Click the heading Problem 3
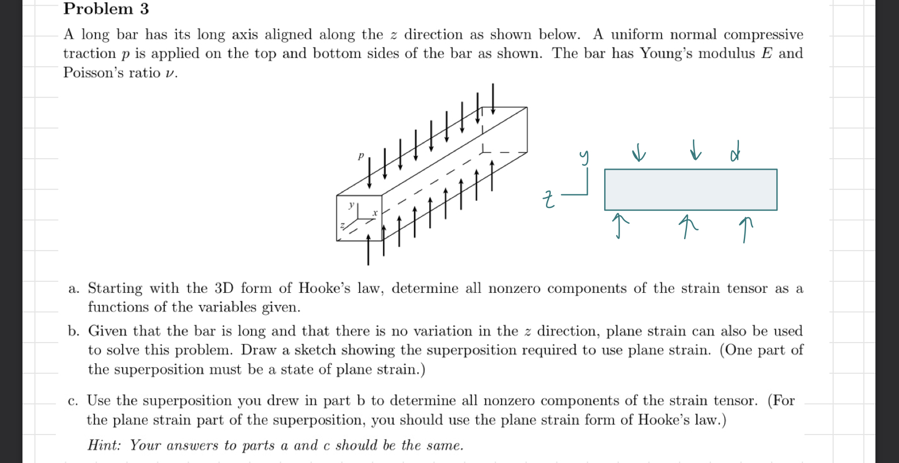click(x=106, y=9)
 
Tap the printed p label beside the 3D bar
click(x=361, y=157)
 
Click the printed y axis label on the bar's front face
click(x=351, y=205)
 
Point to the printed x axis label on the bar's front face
click(x=375, y=213)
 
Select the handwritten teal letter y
click(x=584, y=157)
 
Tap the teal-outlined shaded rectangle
click(x=690, y=189)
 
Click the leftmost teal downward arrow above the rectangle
click(x=638, y=153)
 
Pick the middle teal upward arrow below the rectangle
click(x=687, y=225)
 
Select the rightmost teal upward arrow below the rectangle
click(x=745, y=229)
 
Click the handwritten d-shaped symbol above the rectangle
click(x=735, y=152)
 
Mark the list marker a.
click(x=73, y=289)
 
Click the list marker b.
click(x=73, y=331)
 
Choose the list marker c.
click(x=73, y=401)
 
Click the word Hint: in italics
click(x=104, y=445)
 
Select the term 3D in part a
click(x=224, y=288)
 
